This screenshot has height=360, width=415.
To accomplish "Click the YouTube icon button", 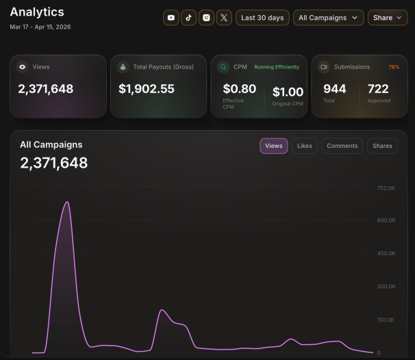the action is coord(171,18).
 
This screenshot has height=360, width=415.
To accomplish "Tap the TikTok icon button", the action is coord(189,18).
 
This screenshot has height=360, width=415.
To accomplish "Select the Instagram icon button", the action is coord(206,18).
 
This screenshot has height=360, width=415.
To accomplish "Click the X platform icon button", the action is coord(224,18).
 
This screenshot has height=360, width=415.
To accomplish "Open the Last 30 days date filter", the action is coord(262,18).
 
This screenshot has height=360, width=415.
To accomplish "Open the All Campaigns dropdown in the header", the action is coord(329,18).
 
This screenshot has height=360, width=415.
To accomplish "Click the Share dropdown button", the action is coord(388,18).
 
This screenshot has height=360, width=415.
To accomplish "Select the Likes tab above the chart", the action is coord(305,146).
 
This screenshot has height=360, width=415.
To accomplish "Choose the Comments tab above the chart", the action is coord(342,146).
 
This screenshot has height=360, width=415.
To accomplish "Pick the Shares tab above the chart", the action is coord(382,146).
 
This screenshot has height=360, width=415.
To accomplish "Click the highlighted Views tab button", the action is coord(274,146).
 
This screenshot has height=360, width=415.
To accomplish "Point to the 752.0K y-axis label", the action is coord(386,188).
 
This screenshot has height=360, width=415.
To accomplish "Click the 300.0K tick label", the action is coord(386,287).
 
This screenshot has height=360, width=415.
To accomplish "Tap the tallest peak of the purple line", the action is coord(67,202).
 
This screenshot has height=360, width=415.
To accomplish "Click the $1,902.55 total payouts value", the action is coord(147,88).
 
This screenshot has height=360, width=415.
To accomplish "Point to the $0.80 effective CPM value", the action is coord(240,88).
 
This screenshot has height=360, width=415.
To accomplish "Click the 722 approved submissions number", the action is coord(378,88).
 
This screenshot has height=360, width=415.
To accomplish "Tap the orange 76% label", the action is coord(394,67).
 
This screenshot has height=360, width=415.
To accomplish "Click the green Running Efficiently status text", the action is coord(277,67).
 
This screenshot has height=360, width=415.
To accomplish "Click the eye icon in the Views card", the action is coord(23,67).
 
